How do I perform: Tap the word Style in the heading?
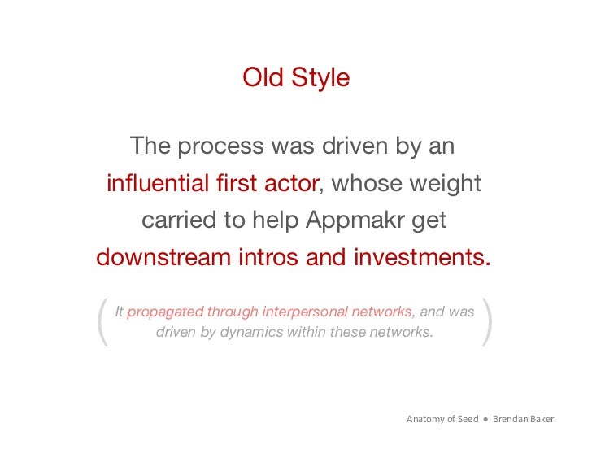[x=319, y=78]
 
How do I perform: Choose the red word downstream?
[x=163, y=258]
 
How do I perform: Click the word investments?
[x=422, y=258]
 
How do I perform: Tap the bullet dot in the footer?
[x=485, y=420]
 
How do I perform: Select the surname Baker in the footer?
[x=540, y=419]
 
